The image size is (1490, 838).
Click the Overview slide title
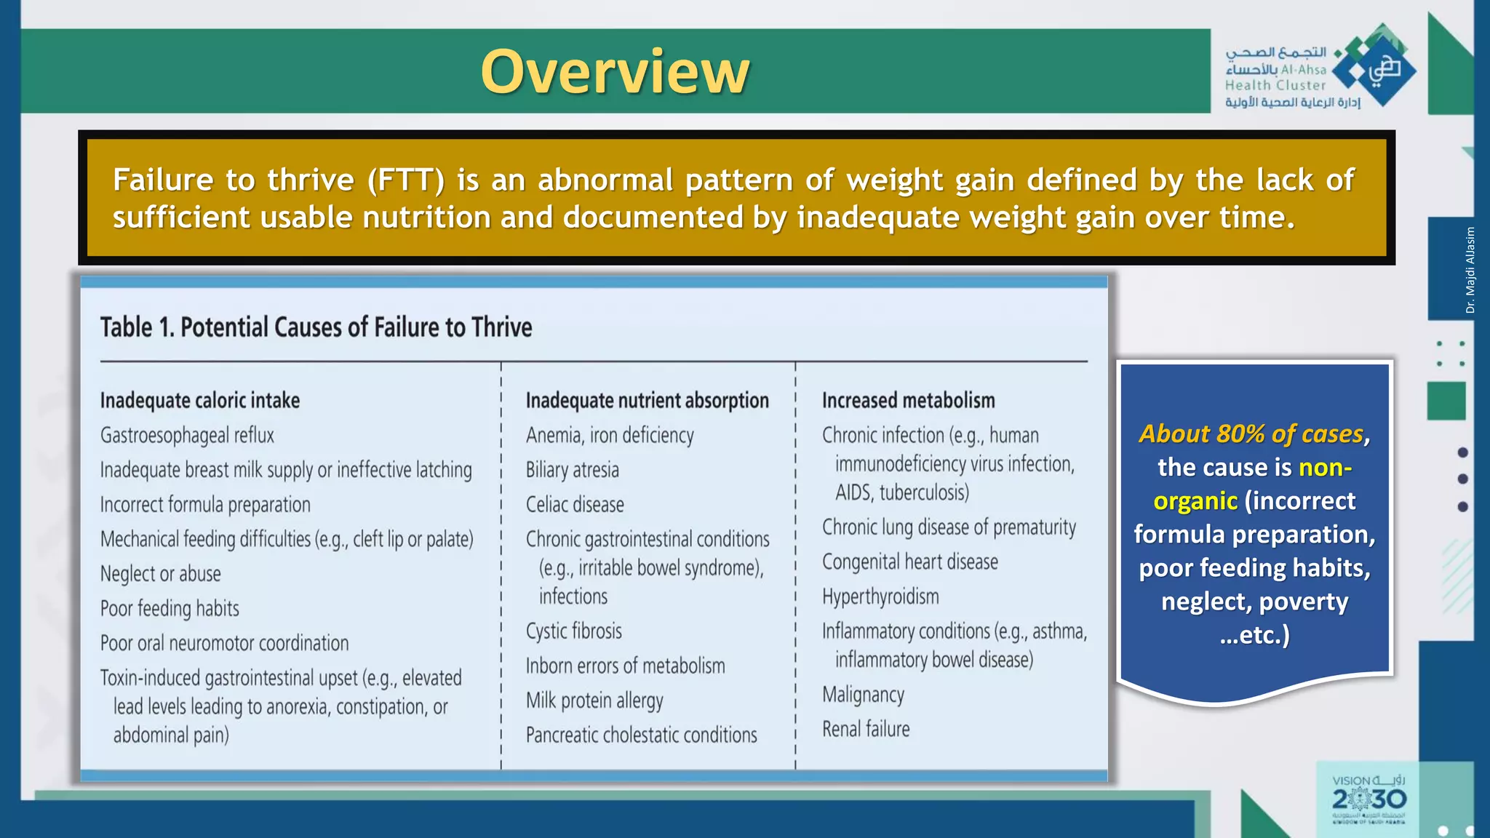615,72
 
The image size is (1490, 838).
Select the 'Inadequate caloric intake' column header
200,401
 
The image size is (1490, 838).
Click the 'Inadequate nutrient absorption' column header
647,401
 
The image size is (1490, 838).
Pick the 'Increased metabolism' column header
908,401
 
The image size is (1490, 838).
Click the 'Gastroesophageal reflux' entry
187,436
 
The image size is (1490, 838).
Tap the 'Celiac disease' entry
575,505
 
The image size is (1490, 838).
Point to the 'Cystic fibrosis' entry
573,631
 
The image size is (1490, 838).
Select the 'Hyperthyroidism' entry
880,597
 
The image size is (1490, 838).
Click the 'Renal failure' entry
866,729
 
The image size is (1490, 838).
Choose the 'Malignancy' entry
863,695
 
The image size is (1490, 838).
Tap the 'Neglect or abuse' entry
160,574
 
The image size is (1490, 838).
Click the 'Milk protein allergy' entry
594,701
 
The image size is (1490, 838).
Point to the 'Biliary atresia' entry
572,470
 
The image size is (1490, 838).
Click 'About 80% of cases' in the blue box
1251,434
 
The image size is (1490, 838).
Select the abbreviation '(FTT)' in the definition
405,180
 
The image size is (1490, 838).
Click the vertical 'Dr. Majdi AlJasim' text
1470,270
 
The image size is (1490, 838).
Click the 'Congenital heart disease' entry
909,562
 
